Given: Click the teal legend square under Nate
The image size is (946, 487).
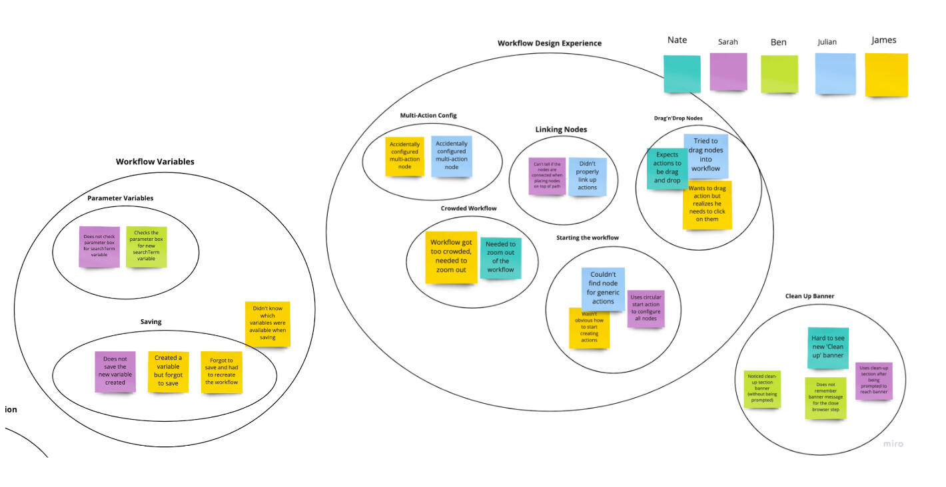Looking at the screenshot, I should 682,74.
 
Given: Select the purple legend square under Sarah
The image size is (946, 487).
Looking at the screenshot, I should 727,72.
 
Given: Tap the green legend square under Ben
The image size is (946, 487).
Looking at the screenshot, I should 779,74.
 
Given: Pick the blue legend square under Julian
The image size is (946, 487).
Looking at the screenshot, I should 835,74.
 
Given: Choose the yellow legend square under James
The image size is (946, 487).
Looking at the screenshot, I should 886,75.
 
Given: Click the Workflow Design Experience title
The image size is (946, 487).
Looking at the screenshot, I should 549,43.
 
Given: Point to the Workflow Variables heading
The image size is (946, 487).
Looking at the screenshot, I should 155,162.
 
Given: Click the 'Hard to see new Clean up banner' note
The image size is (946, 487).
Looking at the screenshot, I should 827,347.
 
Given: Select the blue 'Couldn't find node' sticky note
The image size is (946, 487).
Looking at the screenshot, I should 602,288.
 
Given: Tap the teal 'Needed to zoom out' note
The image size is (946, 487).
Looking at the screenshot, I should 500,257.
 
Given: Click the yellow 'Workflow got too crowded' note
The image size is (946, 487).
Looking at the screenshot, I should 451,257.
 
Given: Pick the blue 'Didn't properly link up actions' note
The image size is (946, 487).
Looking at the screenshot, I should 587,176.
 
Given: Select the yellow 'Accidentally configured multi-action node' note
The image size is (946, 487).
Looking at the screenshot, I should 405,156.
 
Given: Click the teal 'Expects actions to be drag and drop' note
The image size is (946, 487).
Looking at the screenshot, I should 667,168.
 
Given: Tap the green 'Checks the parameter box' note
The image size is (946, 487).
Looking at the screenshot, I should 146,246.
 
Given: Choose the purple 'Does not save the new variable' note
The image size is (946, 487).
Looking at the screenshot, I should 115,371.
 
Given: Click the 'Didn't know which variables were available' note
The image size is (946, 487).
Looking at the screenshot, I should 267,323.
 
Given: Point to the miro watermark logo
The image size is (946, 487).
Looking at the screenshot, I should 893,444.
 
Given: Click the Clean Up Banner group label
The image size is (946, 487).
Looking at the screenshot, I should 809,296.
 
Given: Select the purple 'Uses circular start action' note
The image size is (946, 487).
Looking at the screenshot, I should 646,309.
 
